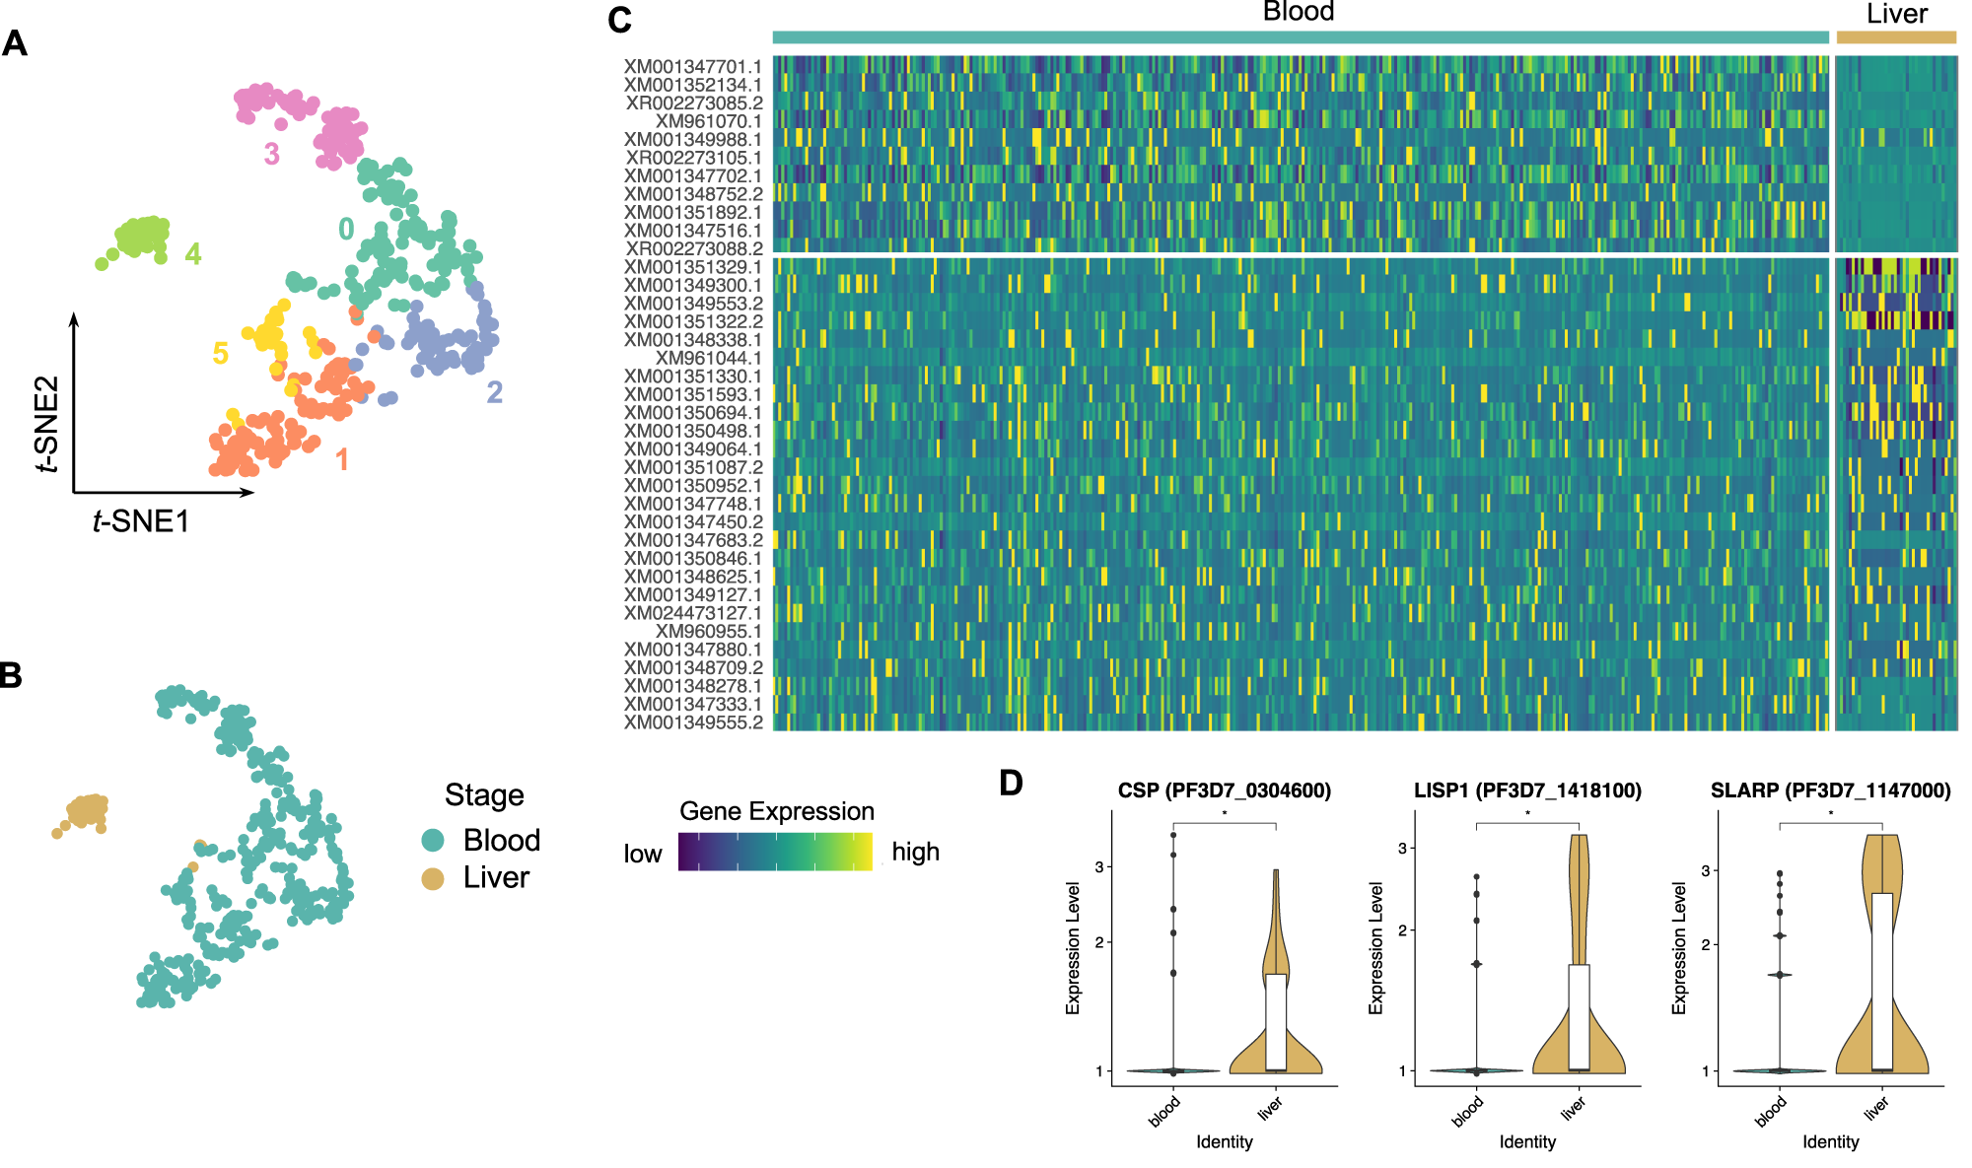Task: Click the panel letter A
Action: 15,43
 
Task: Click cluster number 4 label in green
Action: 193,254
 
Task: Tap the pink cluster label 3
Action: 271,155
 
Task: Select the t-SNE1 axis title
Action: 141,521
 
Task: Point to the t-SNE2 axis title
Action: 46,424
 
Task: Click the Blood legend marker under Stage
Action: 433,841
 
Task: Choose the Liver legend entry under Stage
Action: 496,878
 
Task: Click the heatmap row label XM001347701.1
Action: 692,67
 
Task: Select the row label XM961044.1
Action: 708,359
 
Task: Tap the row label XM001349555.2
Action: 692,722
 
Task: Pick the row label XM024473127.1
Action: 692,613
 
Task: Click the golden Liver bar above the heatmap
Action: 1895,37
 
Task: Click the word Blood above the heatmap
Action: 1299,12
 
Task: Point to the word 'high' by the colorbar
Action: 915,853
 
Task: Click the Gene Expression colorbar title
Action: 777,811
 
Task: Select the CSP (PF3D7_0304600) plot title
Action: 1224,790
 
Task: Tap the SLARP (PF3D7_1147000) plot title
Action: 1830,790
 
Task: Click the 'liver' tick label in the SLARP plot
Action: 1875,1108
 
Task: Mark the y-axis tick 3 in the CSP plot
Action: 1098,867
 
